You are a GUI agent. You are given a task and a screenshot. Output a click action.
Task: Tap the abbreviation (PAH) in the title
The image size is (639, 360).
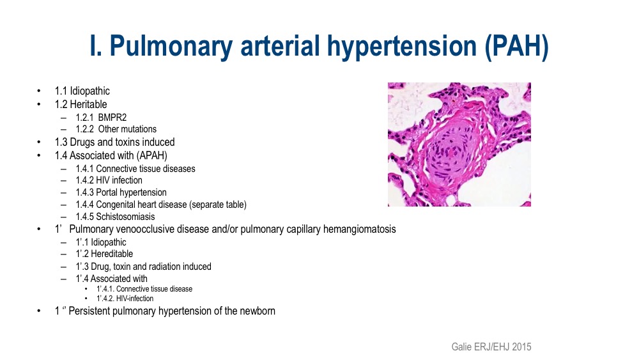[x=517, y=47]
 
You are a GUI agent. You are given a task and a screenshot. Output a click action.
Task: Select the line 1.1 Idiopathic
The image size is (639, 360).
[x=82, y=91]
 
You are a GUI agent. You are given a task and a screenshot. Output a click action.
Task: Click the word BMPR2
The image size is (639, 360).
[x=112, y=118]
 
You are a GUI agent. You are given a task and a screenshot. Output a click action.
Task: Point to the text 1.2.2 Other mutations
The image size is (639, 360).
[x=116, y=129]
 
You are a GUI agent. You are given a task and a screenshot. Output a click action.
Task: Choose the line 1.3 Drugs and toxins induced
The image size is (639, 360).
[x=115, y=142]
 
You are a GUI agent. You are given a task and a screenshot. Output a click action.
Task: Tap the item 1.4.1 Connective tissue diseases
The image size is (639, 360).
[x=135, y=168]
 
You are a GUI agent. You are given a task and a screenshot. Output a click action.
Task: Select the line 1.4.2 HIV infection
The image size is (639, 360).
[x=109, y=180]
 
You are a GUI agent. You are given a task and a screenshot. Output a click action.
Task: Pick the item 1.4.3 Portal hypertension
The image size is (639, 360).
[x=121, y=192]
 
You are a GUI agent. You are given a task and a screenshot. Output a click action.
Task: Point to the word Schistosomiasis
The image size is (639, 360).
[x=125, y=217]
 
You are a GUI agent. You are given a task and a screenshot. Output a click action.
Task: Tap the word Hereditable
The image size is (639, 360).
[x=112, y=254]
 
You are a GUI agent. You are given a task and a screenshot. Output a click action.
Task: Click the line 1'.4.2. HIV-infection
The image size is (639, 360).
[x=125, y=299]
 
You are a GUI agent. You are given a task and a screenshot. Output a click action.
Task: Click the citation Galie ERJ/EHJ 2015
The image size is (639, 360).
[x=491, y=347]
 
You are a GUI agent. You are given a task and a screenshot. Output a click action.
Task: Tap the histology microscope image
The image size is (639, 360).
[x=459, y=145]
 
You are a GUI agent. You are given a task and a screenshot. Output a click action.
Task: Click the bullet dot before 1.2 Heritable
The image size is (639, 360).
[x=39, y=104]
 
